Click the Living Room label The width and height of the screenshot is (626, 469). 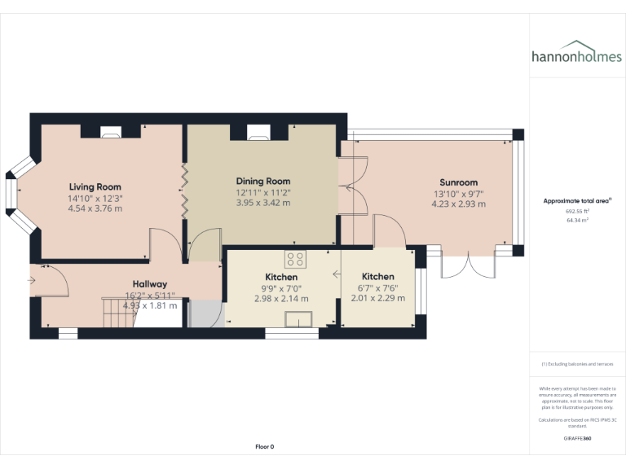coord(95,186)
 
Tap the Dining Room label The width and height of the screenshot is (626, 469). coord(263,181)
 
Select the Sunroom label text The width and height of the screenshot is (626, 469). coord(458,182)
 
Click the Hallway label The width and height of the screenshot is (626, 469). coord(150,283)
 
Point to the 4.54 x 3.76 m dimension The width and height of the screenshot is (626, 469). coord(95,208)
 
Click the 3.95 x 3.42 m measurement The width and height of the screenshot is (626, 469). coord(263,203)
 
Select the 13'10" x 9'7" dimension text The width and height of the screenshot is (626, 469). coord(458,194)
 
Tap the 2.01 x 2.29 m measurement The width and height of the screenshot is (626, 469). coord(377,298)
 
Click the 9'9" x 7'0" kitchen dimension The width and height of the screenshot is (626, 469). coord(281,287)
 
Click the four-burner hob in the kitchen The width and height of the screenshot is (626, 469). coord(295,259)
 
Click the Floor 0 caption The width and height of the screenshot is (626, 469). coord(264,446)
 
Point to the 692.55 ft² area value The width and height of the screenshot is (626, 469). coord(577,211)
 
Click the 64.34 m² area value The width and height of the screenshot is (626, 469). coord(577,220)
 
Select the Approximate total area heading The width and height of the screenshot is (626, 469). coord(577,200)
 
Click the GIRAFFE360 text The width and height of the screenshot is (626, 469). coord(577,439)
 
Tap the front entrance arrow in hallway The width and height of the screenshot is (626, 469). coord(32,281)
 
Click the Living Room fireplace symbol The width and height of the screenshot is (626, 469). coord(111,130)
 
